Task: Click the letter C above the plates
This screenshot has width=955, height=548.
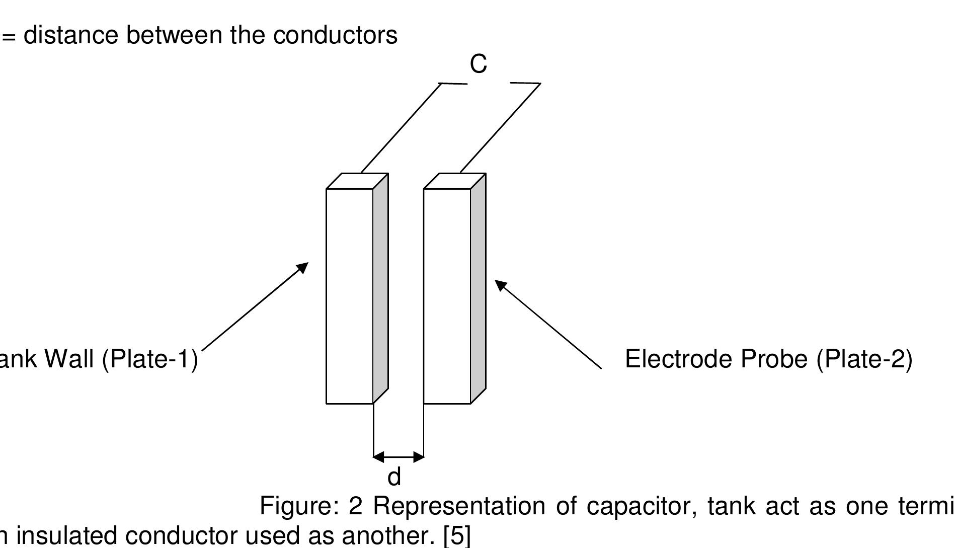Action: tap(478, 64)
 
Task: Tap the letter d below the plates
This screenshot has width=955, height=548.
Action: tap(394, 477)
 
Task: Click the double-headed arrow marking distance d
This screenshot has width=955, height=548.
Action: tap(399, 457)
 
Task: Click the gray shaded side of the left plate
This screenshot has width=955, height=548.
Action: tap(381, 289)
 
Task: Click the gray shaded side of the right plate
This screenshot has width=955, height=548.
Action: tap(478, 289)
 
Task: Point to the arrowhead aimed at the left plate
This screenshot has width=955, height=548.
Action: tap(303, 267)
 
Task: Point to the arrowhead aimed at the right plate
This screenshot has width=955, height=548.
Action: tap(500, 285)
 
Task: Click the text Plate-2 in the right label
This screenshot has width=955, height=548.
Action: tap(864, 359)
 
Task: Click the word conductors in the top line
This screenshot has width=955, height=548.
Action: tap(335, 35)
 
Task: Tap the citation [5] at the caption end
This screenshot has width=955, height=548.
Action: tap(457, 535)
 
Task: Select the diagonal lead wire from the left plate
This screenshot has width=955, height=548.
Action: tap(401, 128)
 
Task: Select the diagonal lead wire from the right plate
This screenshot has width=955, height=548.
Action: tap(500, 128)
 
